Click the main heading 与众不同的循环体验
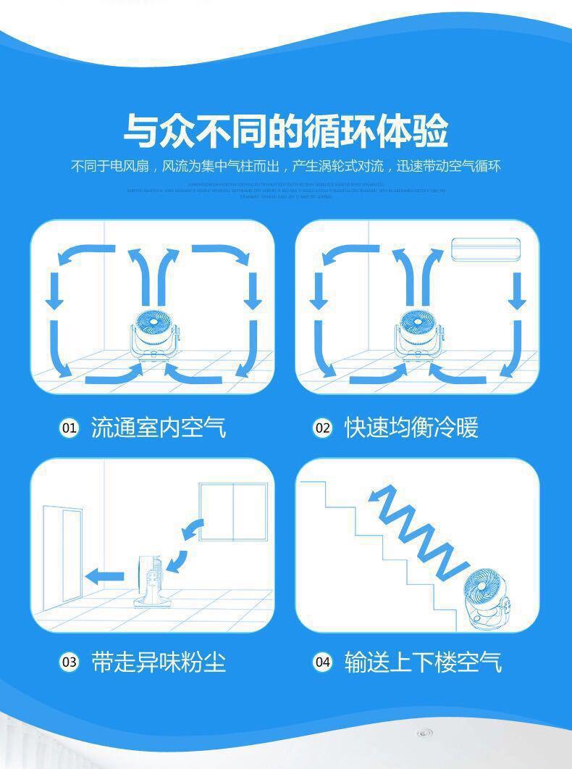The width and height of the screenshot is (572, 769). [x=285, y=130]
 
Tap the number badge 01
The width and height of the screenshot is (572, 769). [x=68, y=428]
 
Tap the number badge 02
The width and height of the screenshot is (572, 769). [x=321, y=428]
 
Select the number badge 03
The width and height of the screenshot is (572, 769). [x=68, y=662]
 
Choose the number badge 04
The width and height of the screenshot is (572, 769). [x=321, y=662]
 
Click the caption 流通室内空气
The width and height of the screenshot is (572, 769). [x=159, y=428]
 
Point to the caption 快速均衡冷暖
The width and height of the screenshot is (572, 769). [x=411, y=428]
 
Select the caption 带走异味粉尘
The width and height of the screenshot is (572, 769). [x=159, y=662]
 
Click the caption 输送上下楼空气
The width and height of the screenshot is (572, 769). [x=423, y=662]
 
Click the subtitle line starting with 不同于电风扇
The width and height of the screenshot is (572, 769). [x=285, y=166]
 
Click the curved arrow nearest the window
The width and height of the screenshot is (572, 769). [x=193, y=530]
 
